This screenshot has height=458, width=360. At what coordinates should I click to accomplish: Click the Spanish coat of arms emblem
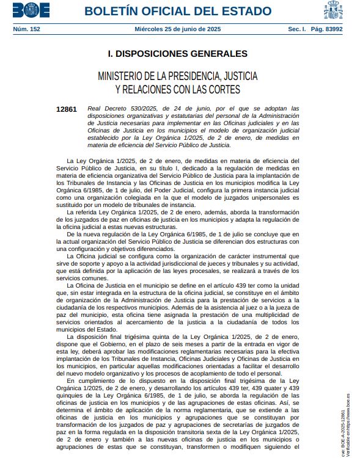(334, 10)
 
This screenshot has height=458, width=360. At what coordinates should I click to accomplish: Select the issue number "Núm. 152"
(26, 28)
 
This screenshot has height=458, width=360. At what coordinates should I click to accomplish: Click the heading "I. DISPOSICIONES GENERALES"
(177, 54)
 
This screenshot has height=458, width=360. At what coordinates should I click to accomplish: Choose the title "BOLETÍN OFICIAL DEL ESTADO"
(178, 12)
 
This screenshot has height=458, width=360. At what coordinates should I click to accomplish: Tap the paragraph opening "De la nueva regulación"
(100, 234)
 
